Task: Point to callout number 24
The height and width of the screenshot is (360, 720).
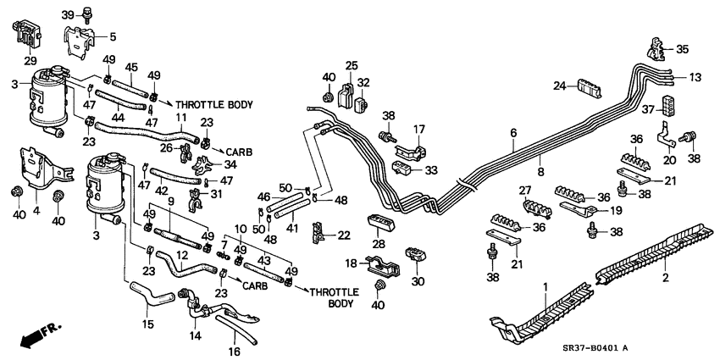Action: tap(560, 86)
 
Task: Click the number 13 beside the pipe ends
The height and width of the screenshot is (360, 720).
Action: tap(695, 77)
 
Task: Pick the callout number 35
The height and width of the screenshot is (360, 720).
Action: tap(683, 48)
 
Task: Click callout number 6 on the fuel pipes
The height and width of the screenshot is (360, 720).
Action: tap(512, 132)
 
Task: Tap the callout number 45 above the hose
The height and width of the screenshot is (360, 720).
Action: tap(131, 68)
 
